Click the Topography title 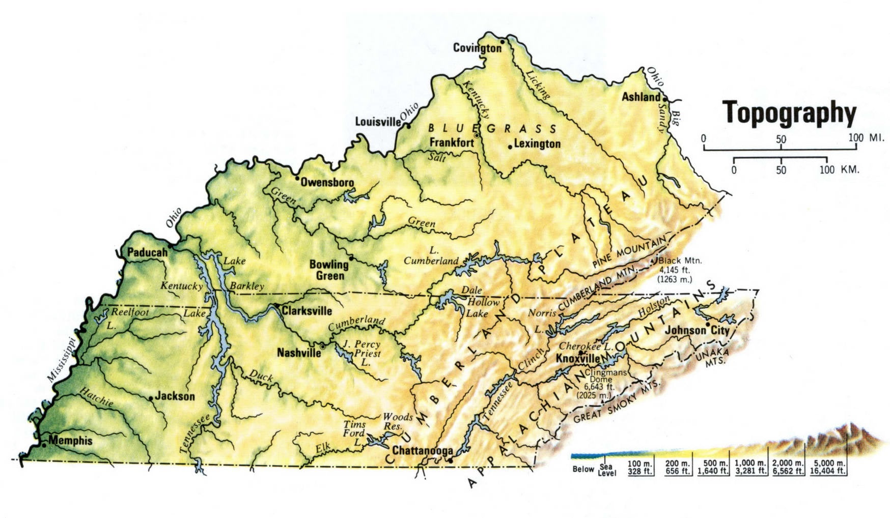[790, 112]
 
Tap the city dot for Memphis [44, 445]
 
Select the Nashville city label [299, 353]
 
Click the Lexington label [537, 144]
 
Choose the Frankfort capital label [452, 142]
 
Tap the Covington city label [477, 48]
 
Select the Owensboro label [327, 182]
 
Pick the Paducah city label [147, 252]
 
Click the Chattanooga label [423, 451]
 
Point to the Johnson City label [697, 331]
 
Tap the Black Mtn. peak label [680, 261]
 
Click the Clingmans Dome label [602, 376]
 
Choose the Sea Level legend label [606, 470]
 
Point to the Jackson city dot [151, 398]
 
